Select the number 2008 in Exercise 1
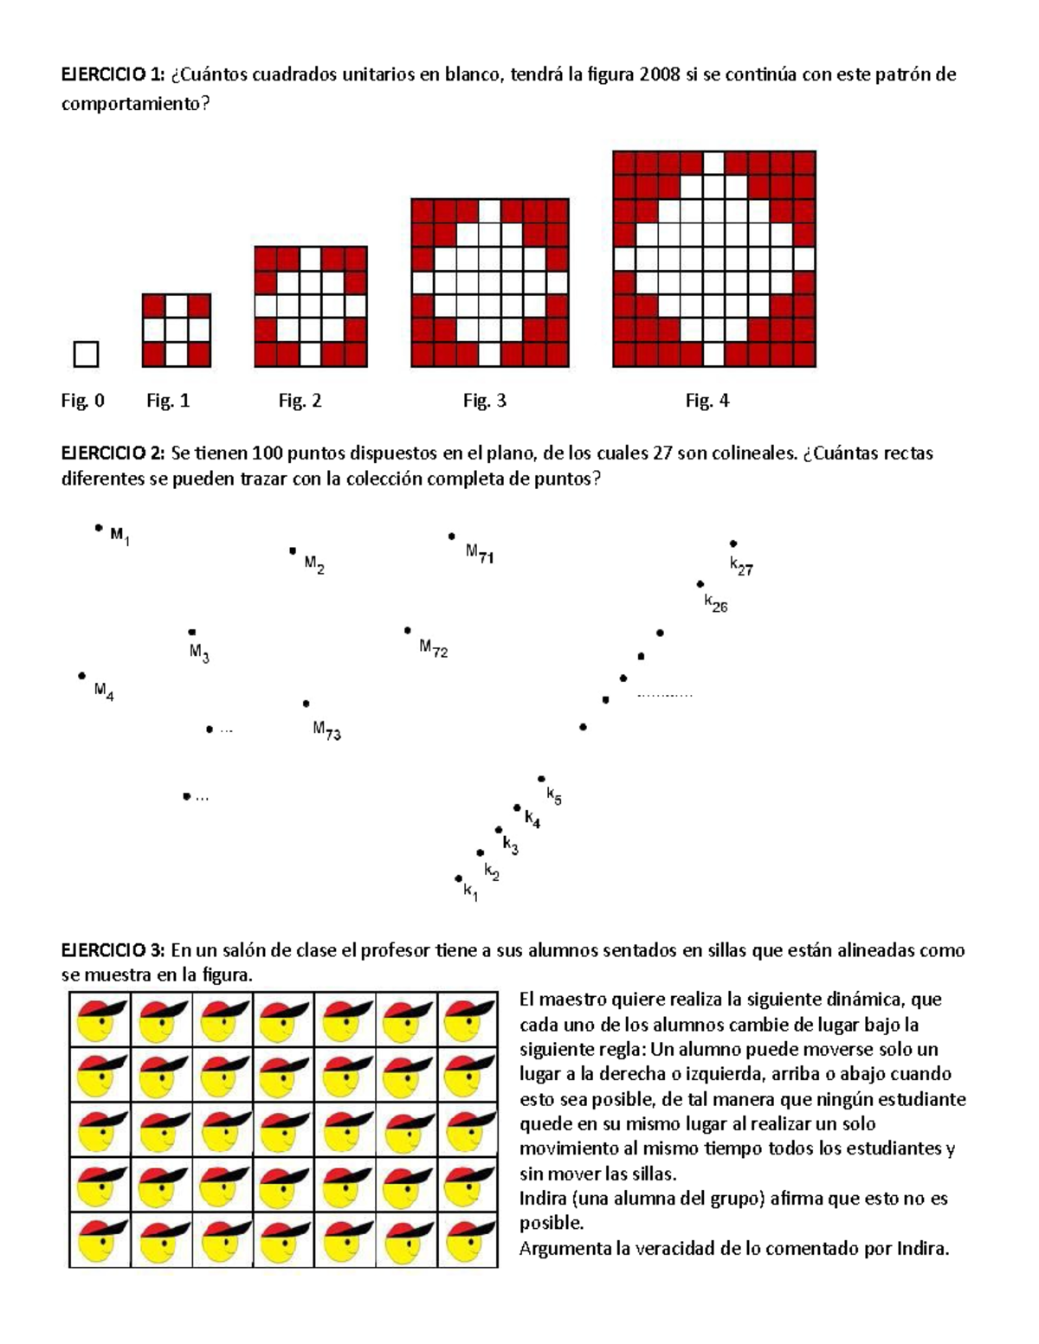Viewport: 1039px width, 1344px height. click(658, 74)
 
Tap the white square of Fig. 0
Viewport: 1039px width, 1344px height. click(86, 354)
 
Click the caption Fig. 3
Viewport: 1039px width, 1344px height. click(484, 401)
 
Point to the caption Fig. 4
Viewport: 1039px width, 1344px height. click(707, 401)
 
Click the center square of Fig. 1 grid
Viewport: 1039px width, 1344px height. click(177, 331)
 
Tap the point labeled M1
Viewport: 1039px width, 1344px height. click(99, 527)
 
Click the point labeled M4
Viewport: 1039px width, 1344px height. click(81, 675)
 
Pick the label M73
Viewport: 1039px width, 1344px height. click(326, 731)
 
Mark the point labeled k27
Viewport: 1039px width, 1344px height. click(732, 543)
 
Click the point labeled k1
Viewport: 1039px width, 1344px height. click(458, 878)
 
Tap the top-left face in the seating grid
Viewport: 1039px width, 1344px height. click(100, 1019)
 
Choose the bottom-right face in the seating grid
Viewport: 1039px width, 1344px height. click(468, 1240)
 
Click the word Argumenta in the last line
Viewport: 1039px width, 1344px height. click(564, 1249)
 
